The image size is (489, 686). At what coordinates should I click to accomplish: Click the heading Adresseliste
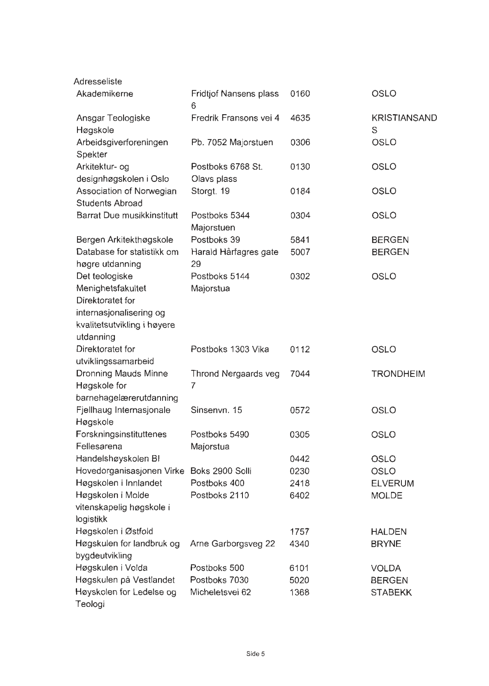tap(98, 82)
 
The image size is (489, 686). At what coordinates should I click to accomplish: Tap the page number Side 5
tap(256, 654)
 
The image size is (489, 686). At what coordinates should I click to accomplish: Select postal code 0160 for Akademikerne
tap(300, 94)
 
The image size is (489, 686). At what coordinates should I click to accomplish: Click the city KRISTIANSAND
tap(404, 118)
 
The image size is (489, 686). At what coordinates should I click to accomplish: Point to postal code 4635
tap(300, 118)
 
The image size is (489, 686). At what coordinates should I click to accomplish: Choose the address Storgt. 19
tap(210, 191)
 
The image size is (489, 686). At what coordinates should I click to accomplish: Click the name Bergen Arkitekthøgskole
tap(125, 240)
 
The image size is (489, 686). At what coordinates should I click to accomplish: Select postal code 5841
tap(300, 240)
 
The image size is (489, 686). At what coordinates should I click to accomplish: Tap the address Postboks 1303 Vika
tap(230, 350)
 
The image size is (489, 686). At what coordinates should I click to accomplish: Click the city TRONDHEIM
tap(398, 374)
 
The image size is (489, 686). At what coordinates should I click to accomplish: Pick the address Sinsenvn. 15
tap(216, 410)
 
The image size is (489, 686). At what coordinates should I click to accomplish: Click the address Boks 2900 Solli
tap(221, 471)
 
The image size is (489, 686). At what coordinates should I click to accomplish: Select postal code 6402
tap(300, 496)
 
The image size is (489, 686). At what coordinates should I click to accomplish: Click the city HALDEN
tap(389, 532)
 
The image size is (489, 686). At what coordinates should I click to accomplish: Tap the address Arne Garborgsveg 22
tap(233, 544)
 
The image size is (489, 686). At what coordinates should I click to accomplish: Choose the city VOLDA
tap(386, 568)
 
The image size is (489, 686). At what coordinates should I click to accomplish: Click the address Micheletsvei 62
tap(220, 592)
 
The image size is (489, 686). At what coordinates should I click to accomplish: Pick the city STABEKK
tap(391, 593)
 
